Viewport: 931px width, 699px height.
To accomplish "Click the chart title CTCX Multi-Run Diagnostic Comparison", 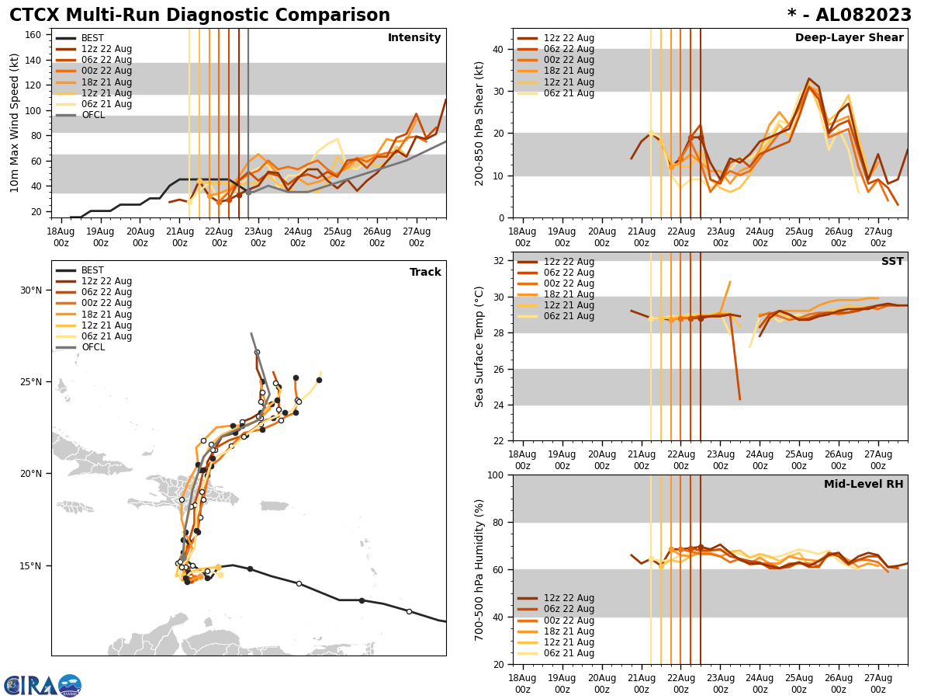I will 199,16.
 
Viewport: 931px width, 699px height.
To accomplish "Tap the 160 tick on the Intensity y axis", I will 34,34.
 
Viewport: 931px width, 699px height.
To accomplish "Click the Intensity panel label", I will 414,38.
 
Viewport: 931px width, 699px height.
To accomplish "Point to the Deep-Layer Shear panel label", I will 849,38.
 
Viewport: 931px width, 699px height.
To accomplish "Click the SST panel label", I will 892,262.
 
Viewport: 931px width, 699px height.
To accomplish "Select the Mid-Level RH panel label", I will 864,485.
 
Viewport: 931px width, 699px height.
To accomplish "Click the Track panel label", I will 425,273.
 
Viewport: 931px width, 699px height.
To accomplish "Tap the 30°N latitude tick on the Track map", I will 31,290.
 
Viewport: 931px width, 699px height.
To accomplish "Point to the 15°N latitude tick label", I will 31,565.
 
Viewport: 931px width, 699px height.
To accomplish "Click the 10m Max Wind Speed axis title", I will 15,123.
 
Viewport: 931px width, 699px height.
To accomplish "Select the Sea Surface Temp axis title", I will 479,346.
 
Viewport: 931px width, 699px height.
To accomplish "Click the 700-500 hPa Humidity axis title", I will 479,569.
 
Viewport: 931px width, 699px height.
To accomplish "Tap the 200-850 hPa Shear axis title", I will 479,123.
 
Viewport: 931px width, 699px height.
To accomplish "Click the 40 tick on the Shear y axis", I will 497,49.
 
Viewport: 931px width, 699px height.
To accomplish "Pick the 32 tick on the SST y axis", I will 497,261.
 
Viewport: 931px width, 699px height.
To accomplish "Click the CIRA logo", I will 43,686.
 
